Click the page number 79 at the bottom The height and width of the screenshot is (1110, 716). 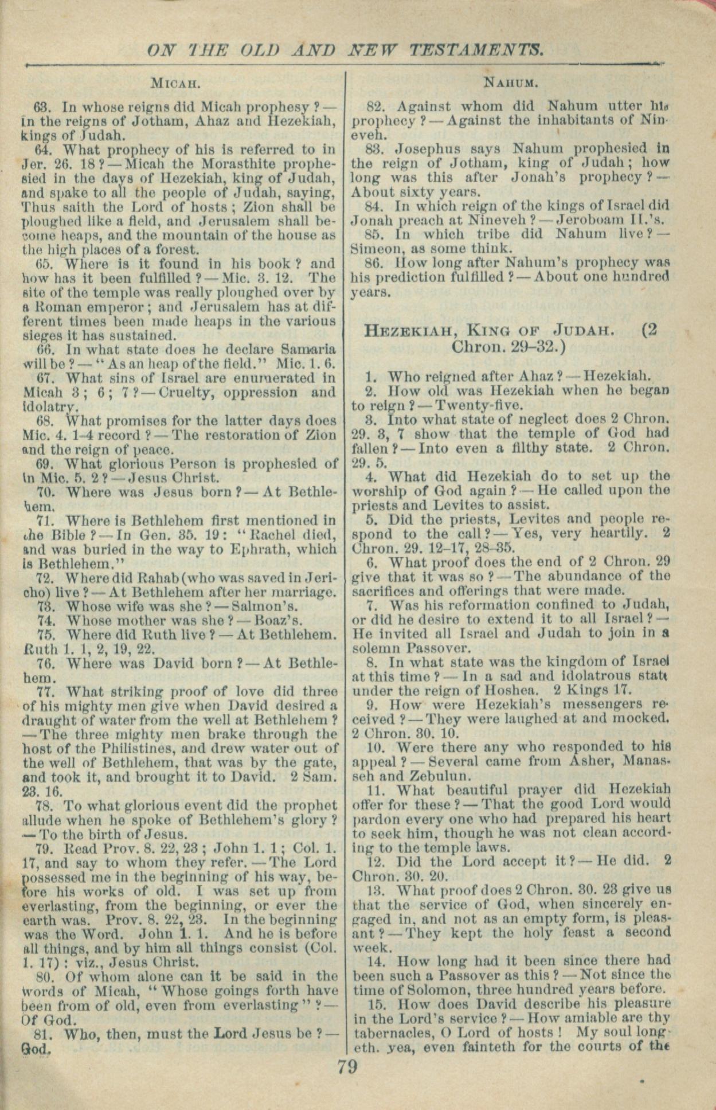point(347,1068)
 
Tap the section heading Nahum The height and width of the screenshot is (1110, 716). point(511,83)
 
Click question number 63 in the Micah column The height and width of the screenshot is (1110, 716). point(44,107)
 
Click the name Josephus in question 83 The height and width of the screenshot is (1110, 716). point(421,148)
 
